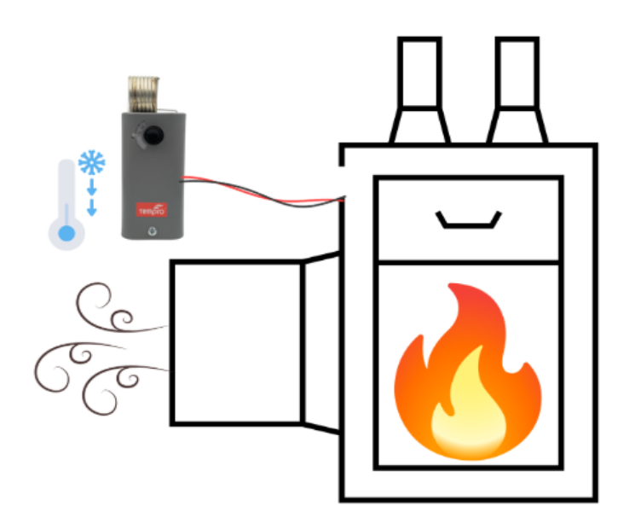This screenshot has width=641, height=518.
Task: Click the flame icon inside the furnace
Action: click(x=466, y=375)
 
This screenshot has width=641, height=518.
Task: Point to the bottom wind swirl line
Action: click(x=119, y=380)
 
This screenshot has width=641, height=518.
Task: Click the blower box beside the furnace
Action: click(x=236, y=342)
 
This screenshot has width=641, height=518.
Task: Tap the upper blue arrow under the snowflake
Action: click(x=90, y=187)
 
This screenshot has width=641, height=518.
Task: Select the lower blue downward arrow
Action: click(x=90, y=207)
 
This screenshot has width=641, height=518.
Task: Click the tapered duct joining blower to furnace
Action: click(x=322, y=341)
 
